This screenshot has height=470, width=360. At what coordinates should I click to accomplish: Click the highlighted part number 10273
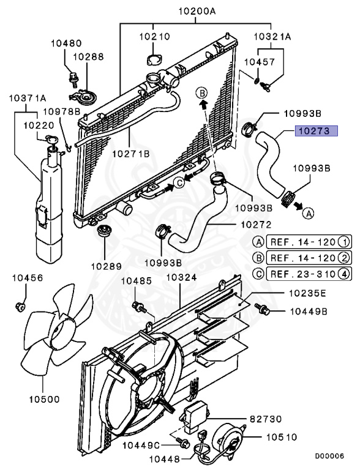317,131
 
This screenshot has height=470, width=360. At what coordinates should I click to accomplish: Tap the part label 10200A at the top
197,12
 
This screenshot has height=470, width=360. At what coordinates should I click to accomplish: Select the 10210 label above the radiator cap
154,37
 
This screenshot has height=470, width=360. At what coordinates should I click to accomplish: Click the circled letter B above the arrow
202,93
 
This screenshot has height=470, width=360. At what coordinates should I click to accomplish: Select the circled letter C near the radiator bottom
179,182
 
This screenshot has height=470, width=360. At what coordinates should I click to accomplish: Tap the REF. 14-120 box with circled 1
309,242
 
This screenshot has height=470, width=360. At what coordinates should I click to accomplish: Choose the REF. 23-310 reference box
309,274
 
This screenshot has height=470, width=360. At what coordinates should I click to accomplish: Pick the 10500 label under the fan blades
45,399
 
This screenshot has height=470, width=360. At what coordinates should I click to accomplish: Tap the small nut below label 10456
20,307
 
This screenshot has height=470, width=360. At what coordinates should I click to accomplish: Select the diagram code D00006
329,456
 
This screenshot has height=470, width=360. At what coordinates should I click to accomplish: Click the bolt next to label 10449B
262,308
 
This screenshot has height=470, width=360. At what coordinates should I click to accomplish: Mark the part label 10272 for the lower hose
256,225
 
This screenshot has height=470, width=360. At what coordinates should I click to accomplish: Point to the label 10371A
28,98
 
